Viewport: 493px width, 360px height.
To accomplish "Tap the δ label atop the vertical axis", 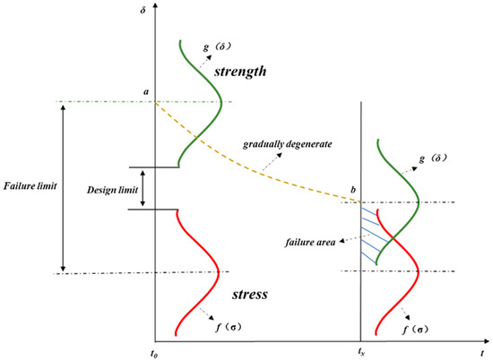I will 156,9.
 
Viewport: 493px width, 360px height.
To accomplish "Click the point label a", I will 145,91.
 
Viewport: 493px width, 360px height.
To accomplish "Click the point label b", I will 353,191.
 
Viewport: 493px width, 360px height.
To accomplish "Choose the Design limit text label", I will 111,190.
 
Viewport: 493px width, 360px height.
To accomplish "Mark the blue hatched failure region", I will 368,235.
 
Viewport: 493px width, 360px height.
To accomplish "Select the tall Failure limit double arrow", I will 63,186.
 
